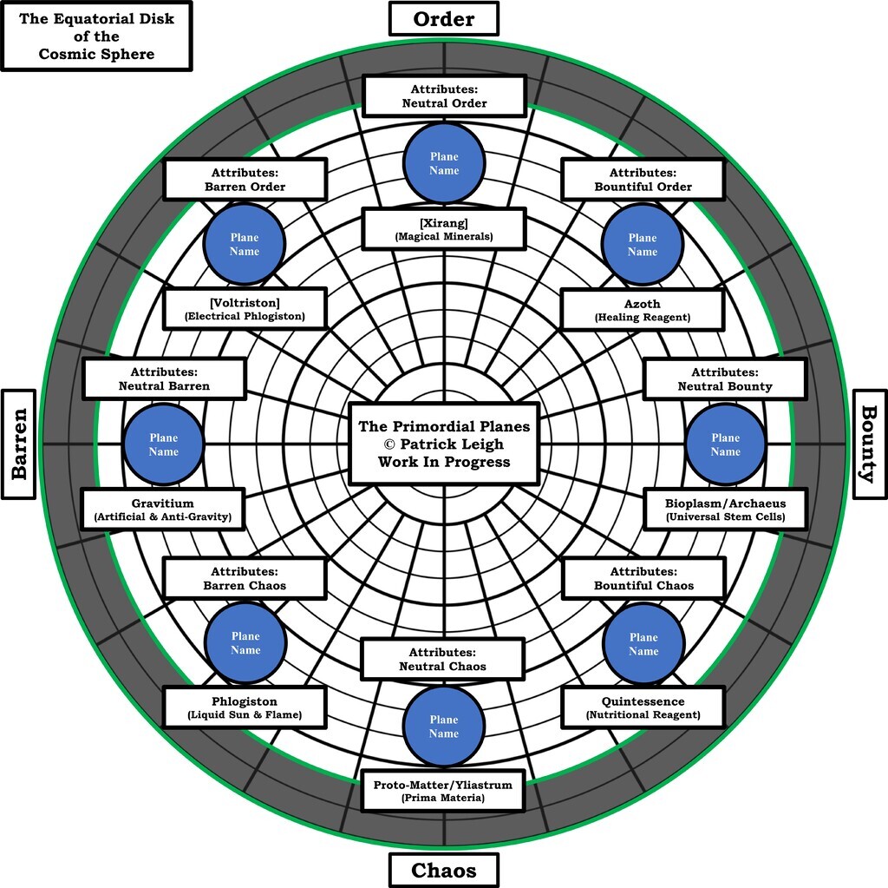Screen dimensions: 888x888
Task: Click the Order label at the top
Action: point(443,18)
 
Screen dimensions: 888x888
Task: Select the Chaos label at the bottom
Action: point(443,870)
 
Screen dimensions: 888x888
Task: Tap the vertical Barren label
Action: point(19,444)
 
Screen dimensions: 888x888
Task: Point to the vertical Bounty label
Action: point(870,444)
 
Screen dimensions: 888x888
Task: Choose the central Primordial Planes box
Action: point(443,444)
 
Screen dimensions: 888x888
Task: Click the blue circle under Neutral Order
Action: point(444,163)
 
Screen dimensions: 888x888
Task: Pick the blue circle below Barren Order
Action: point(245,244)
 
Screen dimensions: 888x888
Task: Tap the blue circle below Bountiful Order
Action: point(643,244)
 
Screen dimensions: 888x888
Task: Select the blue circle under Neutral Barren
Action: point(163,444)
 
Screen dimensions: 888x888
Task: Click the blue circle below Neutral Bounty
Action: point(725,444)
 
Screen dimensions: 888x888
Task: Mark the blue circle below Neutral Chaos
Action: point(443,726)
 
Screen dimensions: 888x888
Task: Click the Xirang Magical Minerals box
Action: point(443,229)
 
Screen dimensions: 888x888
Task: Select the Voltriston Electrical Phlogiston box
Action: point(245,309)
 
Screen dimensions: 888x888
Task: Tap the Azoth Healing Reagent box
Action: point(642,310)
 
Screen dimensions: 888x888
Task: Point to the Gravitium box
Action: point(163,510)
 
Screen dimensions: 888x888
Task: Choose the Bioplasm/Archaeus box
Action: point(725,510)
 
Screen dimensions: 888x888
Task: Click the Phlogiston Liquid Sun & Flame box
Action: point(245,707)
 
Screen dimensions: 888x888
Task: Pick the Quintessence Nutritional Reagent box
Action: point(643,707)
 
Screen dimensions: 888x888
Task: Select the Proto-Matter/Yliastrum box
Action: point(443,790)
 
